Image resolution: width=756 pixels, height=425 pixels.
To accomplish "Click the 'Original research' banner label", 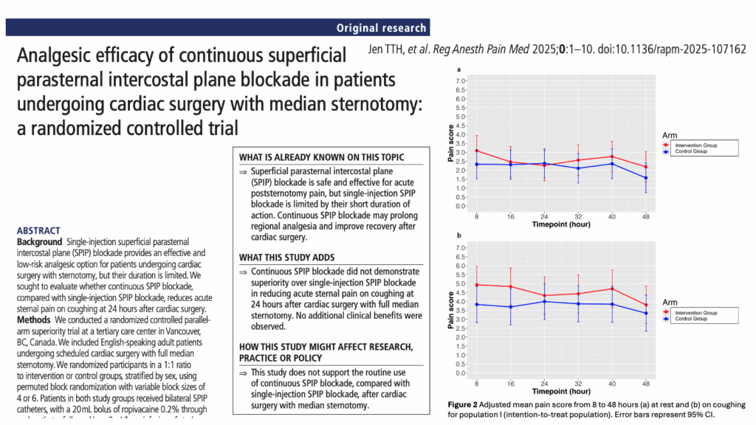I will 381,28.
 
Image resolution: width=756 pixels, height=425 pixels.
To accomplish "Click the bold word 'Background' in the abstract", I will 39,241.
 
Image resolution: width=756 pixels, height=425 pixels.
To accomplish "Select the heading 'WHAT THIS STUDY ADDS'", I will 287,257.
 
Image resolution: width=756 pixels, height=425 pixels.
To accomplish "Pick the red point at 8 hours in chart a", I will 477,151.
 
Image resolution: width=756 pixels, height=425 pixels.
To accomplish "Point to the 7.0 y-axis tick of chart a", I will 460,80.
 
